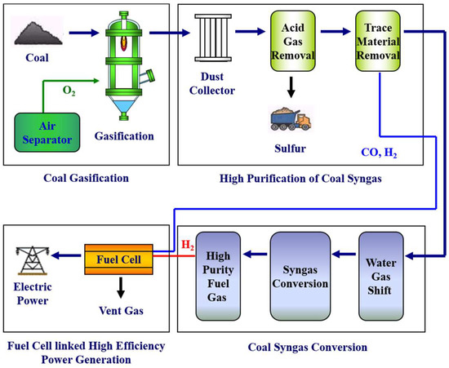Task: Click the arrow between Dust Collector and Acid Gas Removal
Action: click(x=255, y=34)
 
